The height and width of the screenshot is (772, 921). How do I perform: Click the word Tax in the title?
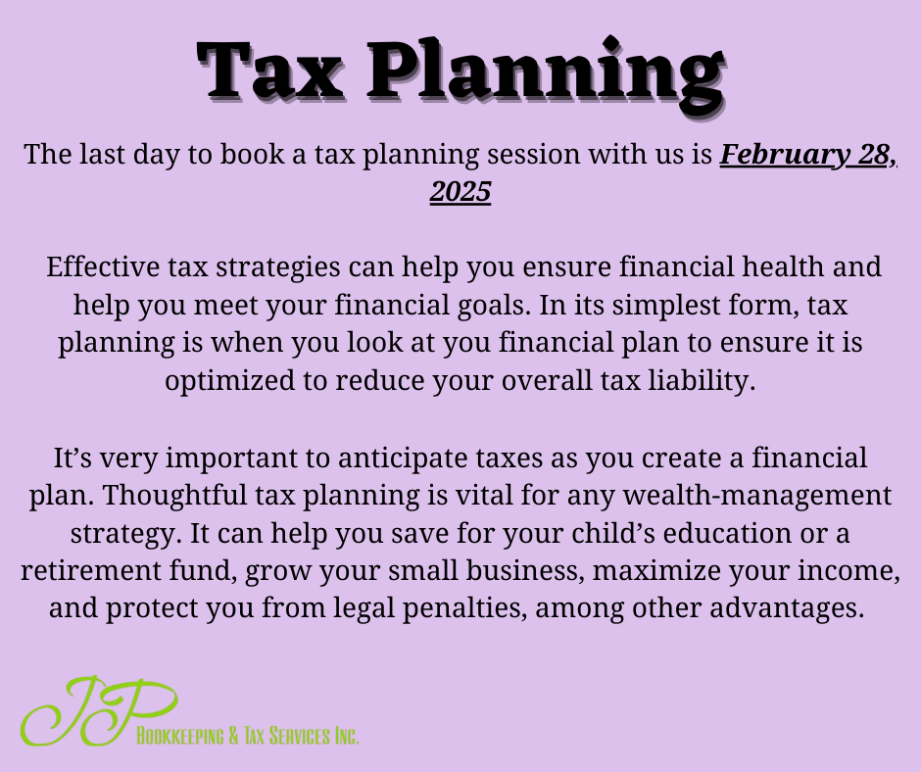pyautogui.click(x=270, y=70)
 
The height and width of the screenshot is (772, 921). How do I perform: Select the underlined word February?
pyautogui.click(x=784, y=156)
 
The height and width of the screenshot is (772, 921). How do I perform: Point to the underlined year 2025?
pyautogui.click(x=460, y=192)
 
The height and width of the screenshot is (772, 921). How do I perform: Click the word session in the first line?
pyautogui.click(x=533, y=155)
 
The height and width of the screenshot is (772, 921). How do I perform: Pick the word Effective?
pyautogui.click(x=103, y=266)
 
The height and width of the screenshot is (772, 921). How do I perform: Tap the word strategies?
pyautogui.click(x=278, y=267)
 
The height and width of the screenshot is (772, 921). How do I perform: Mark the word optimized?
pyautogui.click(x=229, y=381)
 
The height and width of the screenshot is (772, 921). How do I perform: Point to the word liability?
pyautogui.click(x=702, y=381)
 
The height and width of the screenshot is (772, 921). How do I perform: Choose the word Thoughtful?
pyautogui.click(x=174, y=496)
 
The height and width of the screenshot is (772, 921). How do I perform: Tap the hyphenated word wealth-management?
pyautogui.click(x=757, y=497)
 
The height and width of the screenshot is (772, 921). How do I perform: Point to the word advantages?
pyautogui.click(x=787, y=608)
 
